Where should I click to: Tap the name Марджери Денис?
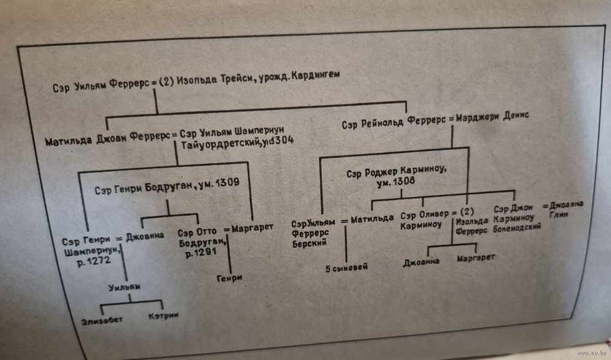489,116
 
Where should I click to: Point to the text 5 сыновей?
346,267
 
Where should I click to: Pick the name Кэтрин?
163,315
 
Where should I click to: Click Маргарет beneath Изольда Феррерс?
476,259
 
